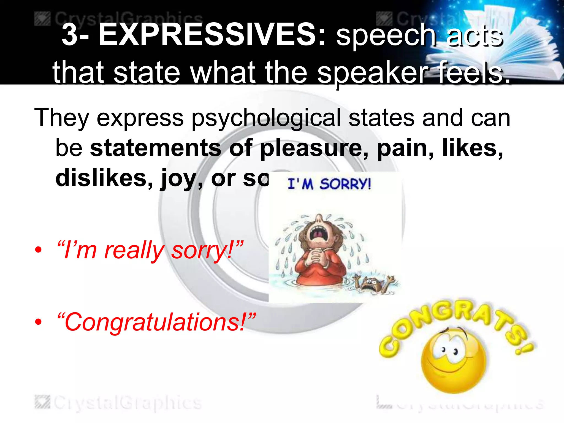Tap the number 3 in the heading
[69, 35]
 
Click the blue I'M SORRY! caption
[329, 184]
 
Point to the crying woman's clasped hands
[317, 257]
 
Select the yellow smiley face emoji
[453, 358]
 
